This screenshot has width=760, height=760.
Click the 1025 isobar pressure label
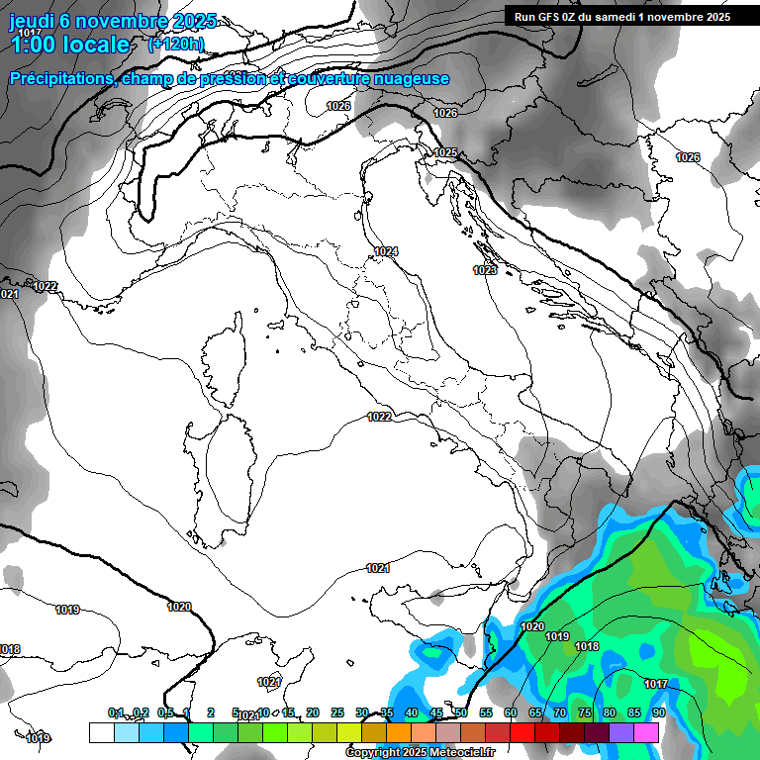click(445, 152)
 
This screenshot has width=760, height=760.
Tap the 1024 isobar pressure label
click(386, 252)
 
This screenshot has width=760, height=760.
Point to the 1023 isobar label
click(485, 270)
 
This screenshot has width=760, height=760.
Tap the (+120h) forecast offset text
click(175, 44)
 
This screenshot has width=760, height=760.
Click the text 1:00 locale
click(70, 45)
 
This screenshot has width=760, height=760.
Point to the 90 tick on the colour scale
click(658, 712)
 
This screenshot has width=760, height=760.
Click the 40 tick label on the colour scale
click(411, 712)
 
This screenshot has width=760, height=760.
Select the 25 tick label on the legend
click(336, 712)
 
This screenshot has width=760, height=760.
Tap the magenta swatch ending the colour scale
click(646, 732)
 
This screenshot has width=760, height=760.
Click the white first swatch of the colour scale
click(101, 732)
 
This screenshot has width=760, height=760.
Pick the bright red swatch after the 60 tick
click(522, 732)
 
